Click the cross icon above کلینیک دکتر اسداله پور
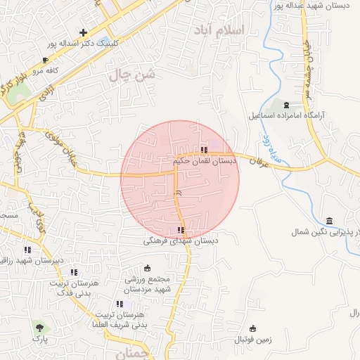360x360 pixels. tap(83, 32)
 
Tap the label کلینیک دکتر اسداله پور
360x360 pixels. tap(83, 43)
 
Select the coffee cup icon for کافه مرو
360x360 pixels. tap(46, 60)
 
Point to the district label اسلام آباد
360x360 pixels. tap(240, 31)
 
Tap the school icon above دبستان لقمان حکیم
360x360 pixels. tap(205, 150)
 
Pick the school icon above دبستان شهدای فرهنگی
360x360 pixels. tap(181, 230)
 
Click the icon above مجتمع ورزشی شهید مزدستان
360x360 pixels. tap(147, 268)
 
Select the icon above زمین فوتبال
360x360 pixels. tap(252, 328)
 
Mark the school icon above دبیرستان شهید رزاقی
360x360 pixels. tap(27, 250)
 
